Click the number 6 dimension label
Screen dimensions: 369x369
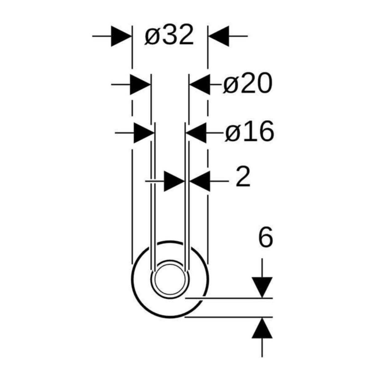pyautogui.click(x=266, y=237)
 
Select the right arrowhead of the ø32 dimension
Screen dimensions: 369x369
pyautogui.click(x=219, y=36)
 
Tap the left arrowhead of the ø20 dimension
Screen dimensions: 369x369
pyautogui.click(x=140, y=84)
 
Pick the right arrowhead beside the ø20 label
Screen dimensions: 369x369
pyautogui.click(x=200, y=84)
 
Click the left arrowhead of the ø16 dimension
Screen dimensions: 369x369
pyautogui.click(x=144, y=133)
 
